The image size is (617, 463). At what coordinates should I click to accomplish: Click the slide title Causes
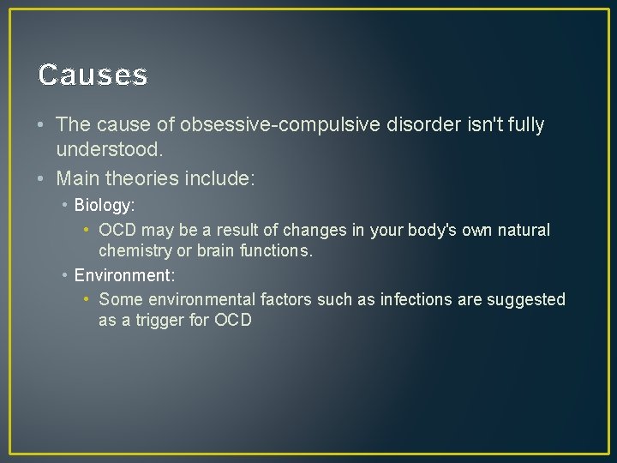93,75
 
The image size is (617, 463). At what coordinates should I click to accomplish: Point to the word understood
109,150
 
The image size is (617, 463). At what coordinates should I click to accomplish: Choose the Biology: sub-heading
105,206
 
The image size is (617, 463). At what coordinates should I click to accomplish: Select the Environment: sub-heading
124,275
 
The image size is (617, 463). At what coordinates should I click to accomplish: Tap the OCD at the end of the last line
232,321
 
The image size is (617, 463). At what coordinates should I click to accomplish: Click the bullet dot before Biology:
65,206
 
